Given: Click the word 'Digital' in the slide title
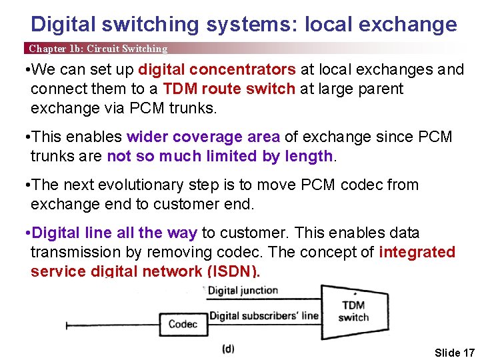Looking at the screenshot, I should point(64,25).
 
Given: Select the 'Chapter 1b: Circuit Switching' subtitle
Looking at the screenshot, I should point(97,49).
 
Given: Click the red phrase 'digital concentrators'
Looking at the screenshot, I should point(217,70).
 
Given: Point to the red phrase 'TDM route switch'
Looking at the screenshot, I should point(229,89).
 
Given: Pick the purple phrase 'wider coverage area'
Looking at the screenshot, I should point(203,137).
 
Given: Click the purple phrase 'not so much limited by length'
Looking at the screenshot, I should point(220,157).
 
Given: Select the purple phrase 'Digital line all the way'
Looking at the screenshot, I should point(115,233).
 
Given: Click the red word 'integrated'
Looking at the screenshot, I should point(417,252).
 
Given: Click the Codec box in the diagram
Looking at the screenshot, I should point(183,325).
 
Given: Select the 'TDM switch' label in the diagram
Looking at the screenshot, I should point(353,311).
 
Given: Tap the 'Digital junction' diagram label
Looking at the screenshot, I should point(243,291).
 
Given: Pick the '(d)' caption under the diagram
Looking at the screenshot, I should point(228,349).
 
